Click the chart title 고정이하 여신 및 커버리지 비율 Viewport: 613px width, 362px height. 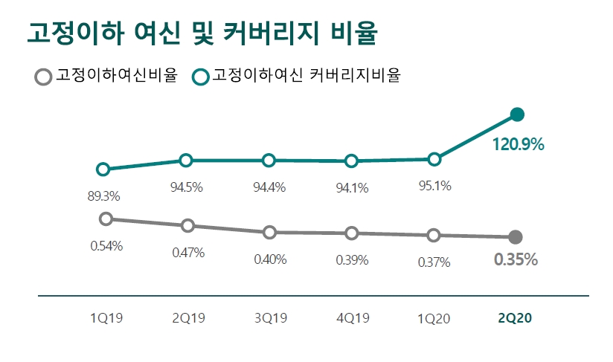(x=202, y=33)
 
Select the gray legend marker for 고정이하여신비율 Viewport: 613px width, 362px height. (x=44, y=77)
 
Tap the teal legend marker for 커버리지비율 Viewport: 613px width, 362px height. (x=200, y=77)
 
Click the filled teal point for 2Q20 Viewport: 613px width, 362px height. (x=518, y=114)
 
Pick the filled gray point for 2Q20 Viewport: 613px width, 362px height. (x=515, y=237)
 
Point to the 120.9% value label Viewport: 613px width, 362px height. (x=518, y=145)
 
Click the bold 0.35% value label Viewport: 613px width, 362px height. (x=516, y=260)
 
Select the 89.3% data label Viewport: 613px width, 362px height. (x=104, y=196)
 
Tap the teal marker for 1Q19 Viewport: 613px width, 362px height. (x=103, y=169)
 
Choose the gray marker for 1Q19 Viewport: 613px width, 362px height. (x=106, y=219)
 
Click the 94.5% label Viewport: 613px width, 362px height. (x=187, y=187)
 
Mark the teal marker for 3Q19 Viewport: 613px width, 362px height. (x=269, y=161)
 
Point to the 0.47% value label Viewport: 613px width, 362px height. (x=187, y=252)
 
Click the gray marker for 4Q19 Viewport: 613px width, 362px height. (x=352, y=233)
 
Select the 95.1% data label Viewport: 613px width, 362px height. (x=435, y=186)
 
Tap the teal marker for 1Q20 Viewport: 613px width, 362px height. (x=435, y=159)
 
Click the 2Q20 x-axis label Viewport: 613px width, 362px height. (x=516, y=318)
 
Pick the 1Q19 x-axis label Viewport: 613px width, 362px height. (x=106, y=318)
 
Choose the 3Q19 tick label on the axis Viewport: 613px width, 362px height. (x=270, y=318)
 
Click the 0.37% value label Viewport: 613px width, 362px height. (x=434, y=262)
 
